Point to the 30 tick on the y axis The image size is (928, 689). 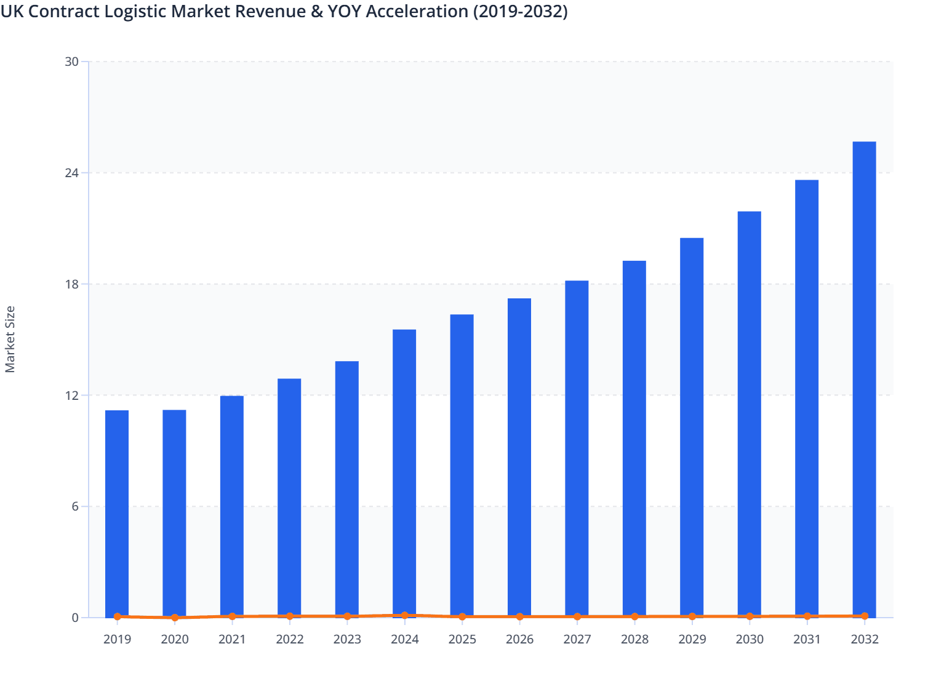(x=72, y=62)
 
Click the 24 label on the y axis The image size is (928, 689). (x=72, y=173)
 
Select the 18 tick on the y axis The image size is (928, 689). (x=72, y=284)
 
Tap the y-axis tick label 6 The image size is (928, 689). (x=75, y=506)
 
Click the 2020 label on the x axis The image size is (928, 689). (x=175, y=639)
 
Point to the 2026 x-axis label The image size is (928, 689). (x=519, y=639)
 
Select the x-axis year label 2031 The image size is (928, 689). (x=807, y=639)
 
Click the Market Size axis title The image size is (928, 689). (x=10, y=339)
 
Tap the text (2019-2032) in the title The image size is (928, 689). (x=521, y=11)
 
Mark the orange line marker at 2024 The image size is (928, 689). (x=404, y=615)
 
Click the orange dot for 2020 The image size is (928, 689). (x=175, y=618)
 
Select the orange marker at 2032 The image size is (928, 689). (x=864, y=616)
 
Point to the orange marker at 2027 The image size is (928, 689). (x=577, y=616)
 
